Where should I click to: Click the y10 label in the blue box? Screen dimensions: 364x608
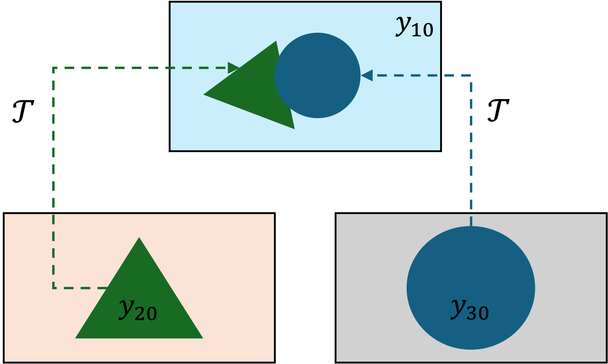click(x=415, y=27)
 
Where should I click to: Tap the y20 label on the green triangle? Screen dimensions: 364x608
click(x=138, y=310)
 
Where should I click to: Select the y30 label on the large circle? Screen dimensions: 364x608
click(x=470, y=310)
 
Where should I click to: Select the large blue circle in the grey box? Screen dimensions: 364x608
click(x=471, y=274)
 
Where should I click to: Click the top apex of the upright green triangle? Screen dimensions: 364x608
click(x=139, y=238)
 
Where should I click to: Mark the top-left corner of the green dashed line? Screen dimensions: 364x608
click(x=53, y=68)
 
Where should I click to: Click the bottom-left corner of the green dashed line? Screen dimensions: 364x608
click(x=53, y=288)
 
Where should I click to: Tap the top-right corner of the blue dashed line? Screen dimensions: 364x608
click(x=471, y=76)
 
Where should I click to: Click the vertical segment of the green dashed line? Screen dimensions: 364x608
click(x=53, y=170)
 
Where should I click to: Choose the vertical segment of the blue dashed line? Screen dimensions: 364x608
click(x=471, y=152)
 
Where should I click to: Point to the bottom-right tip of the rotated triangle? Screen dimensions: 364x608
click(x=294, y=128)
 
